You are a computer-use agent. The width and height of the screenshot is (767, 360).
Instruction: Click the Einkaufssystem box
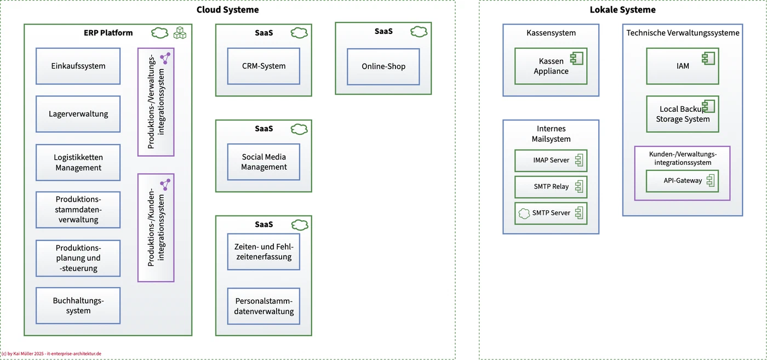pyautogui.click(x=78, y=66)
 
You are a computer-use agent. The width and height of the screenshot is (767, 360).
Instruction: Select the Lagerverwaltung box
pyautogui.click(x=78, y=114)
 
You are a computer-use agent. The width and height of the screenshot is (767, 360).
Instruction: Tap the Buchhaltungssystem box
pyautogui.click(x=78, y=306)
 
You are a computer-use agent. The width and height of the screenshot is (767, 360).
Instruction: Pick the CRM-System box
pyautogui.click(x=264, y=66)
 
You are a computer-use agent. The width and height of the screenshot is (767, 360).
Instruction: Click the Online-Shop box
pyautogui.click(x=383, y=66)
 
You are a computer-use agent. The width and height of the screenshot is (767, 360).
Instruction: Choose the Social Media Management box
pyautogui.click(x=264, y=162)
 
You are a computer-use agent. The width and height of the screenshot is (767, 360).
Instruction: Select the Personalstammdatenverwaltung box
pyautogui.click(x=264, y=306)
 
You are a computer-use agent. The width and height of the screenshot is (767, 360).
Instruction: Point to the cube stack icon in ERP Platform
pyautogui.click(x=180, y=33)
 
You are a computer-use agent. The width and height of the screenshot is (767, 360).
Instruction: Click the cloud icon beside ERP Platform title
pyautogui.click(x=159, y=33)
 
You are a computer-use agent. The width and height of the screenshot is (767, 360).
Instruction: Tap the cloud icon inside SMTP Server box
pyautogui.click(x=524, y=213)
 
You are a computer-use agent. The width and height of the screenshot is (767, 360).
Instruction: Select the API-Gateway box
pyautogui.click(x=683, y=181)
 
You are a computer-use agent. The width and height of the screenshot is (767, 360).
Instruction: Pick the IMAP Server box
pyautogui.click(x=551, y=161)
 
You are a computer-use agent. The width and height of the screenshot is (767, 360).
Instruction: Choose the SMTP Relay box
pyautogui.click(x=551, y=187)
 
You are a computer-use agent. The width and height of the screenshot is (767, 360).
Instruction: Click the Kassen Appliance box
pyautogui.click(x=551, y=66)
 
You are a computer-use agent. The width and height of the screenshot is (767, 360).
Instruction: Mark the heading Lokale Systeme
pyautogui.click(x=622, y=10)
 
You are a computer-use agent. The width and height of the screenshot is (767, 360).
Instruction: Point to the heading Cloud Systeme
pyautogui.click(x=228, y=10)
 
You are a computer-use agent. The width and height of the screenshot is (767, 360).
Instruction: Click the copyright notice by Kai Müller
pyautogui.click(x=51, y=353)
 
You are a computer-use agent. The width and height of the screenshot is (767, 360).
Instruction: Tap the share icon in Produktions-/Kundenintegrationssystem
pyautogui.click(x=165, y=185)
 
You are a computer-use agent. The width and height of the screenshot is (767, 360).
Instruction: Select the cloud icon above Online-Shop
pyautogui.click(x=419, y=32)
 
